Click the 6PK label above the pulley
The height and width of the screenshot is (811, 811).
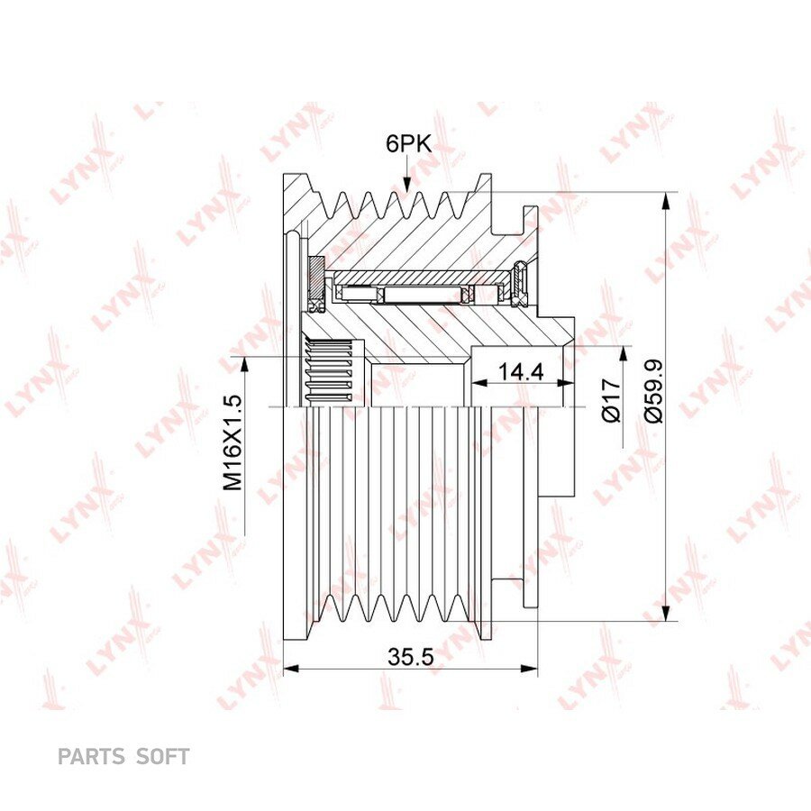point(408,144)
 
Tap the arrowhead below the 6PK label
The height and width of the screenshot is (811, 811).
point(407,184)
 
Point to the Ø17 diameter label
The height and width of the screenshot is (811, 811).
point(612,400)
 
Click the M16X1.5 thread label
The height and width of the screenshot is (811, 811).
point(232,442)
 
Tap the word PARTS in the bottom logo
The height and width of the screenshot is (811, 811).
point(91,756)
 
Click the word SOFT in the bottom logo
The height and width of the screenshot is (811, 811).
point(162,756)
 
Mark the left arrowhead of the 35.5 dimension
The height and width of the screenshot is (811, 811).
point(292,669)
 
